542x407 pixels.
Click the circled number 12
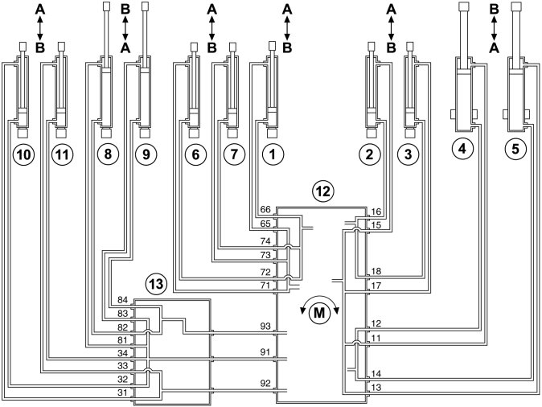(x=322, y=192)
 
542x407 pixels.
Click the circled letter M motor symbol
(x=319, y=312)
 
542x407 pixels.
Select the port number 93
(x=266, y=327)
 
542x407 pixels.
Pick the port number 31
(x=124, y=393)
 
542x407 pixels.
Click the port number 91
(x=266, y=351)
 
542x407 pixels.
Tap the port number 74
(x=266, y=241)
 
